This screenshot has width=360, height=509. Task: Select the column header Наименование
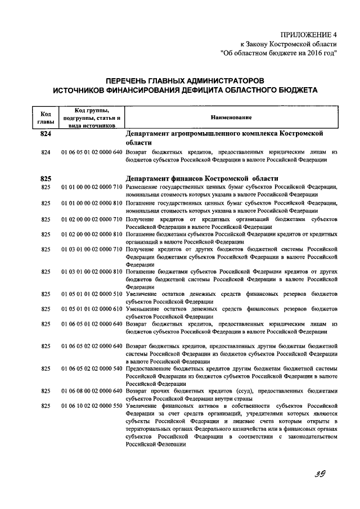point(231,116)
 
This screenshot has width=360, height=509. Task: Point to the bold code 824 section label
point(46,134)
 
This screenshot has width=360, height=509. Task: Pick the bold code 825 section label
point(46,178)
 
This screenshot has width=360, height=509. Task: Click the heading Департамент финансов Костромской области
point(202,178)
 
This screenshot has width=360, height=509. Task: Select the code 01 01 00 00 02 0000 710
point(92,187)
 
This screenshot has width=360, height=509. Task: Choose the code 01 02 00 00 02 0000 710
point(92,218)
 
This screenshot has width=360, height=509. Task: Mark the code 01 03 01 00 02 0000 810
point(92,272)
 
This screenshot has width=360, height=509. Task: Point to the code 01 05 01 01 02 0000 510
point(92,294)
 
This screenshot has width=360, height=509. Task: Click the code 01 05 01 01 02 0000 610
point(92,309)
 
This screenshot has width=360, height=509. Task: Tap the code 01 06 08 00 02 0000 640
point(92,391)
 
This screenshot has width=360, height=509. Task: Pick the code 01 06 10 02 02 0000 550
point(92,406)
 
